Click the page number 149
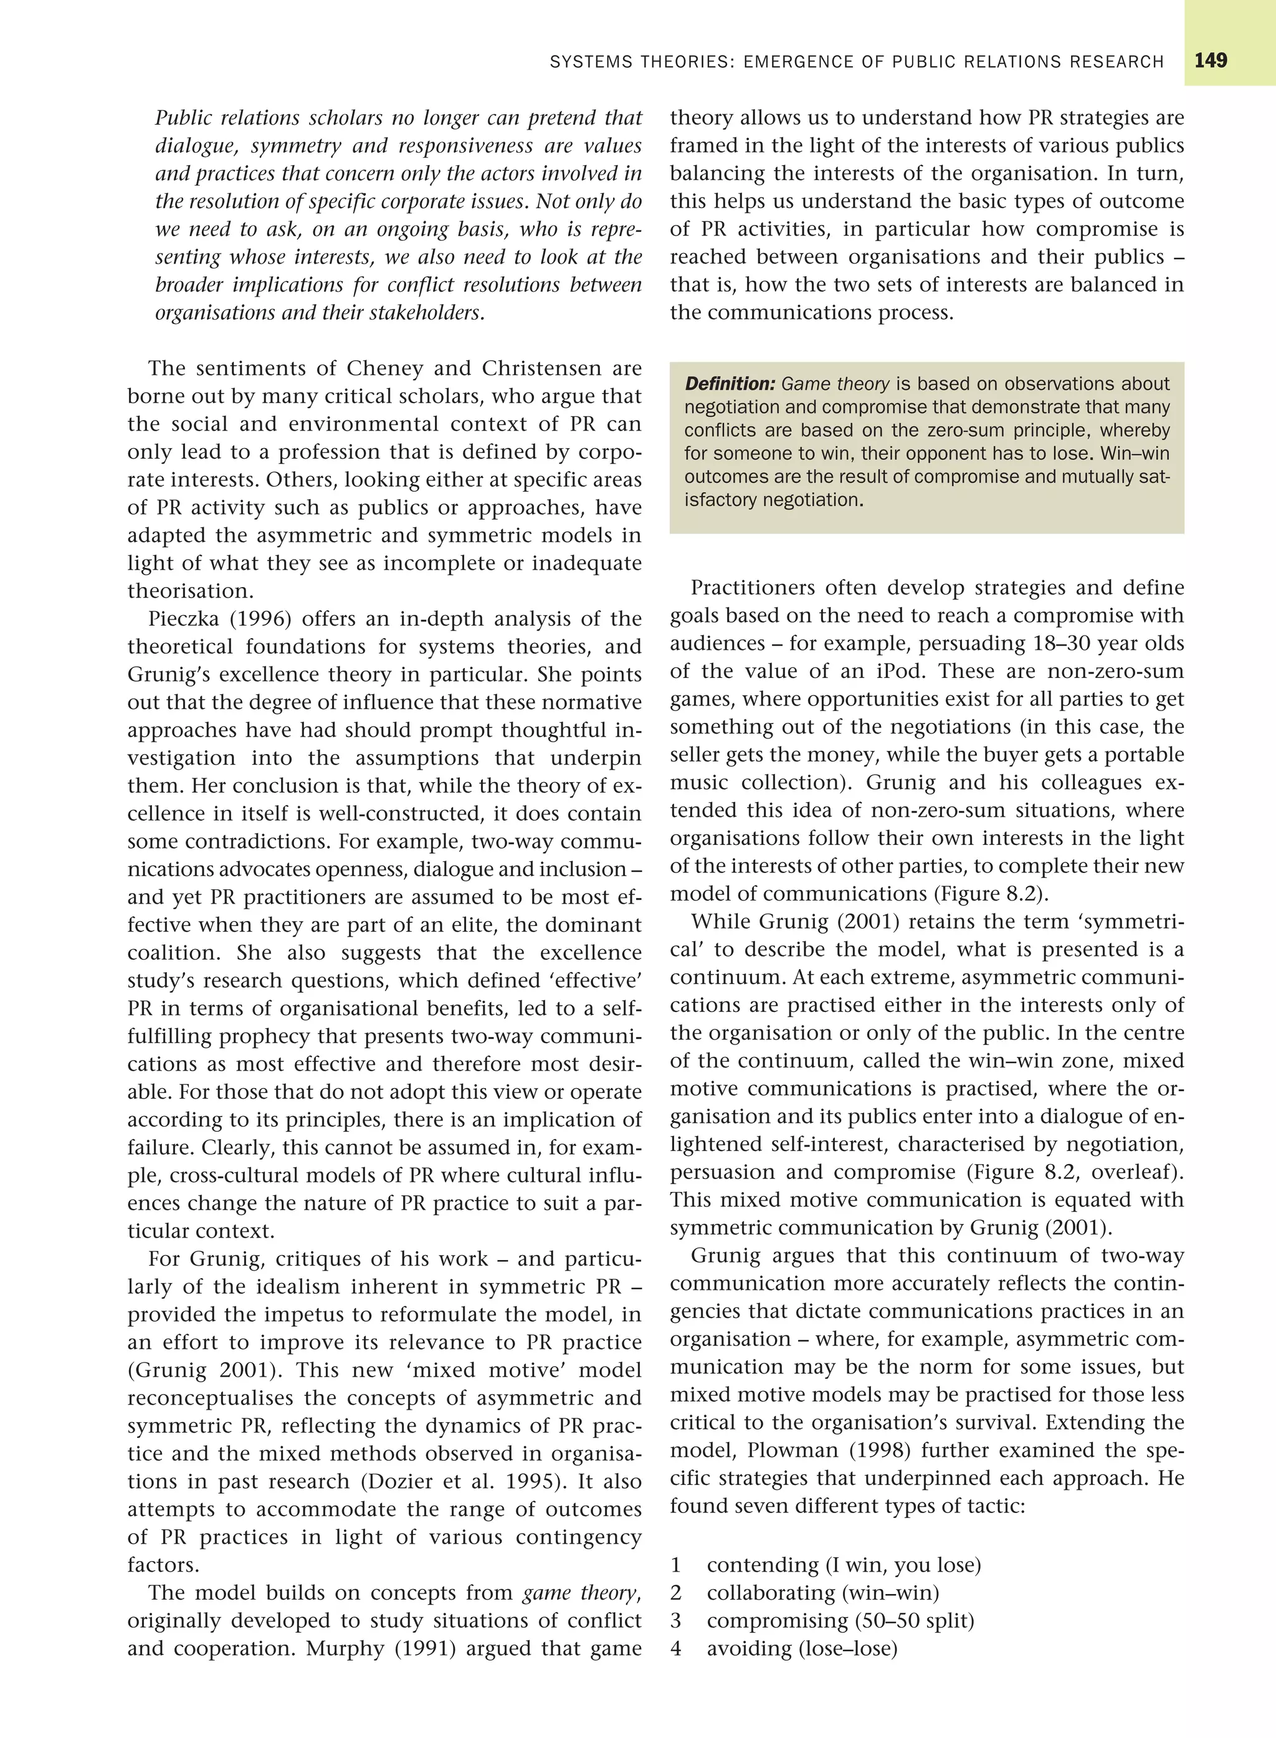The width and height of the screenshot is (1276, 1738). pyautogui.click(x=1211, y=61)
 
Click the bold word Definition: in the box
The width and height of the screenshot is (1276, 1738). pyautogui.click(x=730, y=384)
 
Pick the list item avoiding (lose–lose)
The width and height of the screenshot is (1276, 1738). pyautogui.click(x=802, y=1649)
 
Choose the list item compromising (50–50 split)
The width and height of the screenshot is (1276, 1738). pyautogui.click(x=840, y=1621)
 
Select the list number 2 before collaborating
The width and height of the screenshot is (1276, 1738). pyautogui.click(x=676, y=1593)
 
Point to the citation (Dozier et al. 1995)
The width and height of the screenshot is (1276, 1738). pyautogui.click(x=459, y=1481)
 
